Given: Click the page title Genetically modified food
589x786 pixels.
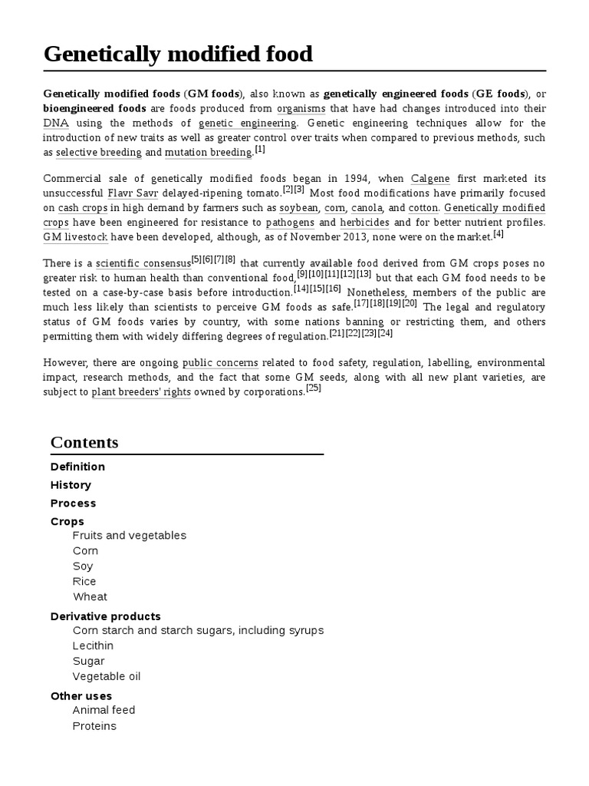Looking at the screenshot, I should pyautogui.click(x=178, y=54).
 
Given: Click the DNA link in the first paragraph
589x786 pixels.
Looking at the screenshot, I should pyautogui.click(x=56, y=123).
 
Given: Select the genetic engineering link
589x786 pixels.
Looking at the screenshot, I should pyautogui.click(x=247, y=123).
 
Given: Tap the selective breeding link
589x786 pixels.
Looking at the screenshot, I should pyautogui.click(x=99, y=152).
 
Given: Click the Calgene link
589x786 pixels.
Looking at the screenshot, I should pyautogui.click(x=430, y=179).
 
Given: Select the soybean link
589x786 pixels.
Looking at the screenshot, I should pyautogui.click(x=298, y=208).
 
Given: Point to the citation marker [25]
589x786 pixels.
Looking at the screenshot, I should pyautogui.click(x=313, y=388).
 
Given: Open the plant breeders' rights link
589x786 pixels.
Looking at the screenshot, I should pyautogui.click(x=141, y=392).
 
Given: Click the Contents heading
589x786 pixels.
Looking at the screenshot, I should pyautogui.click(x=84, y=443).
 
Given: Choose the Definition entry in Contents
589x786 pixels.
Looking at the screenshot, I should pyautogui.click(x=77, y=467).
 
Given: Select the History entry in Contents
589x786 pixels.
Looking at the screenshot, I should pyautogui.click(x=71, y=485).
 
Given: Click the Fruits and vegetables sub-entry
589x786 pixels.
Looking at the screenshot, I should pyautogui.click(x=129, y=535).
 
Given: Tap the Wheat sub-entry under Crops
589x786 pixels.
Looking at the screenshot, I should pyautogui.click(x=90, y=596).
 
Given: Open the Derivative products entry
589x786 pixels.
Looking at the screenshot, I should pyautogui.click(x=105, y=616).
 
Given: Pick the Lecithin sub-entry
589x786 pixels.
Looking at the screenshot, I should pyautogui.click(x=93, y=646).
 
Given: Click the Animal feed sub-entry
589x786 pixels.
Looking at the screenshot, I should pyautogui.click(x=104, y=710).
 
